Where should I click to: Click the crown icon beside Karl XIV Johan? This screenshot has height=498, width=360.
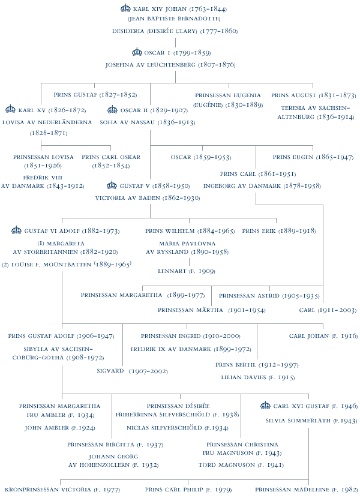[x=126, y=8]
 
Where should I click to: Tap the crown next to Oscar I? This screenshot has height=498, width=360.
[x=137, y=52]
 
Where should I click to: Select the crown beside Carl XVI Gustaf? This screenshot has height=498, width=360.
[x=265, y=405]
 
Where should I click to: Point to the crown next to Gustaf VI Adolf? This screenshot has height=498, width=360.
[x=17, y=230]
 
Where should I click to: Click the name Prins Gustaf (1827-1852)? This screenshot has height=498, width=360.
[x=95, y=95]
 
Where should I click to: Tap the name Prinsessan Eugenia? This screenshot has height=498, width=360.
[x=228, y=95]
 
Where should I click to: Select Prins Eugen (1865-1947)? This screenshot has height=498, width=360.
[x=313, y=157]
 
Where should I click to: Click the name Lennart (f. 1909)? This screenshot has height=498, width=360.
[x=187, y=271]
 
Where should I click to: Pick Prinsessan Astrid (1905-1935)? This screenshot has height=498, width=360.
[x=269, y=296]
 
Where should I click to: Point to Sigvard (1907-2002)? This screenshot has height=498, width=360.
[x=132, y=371]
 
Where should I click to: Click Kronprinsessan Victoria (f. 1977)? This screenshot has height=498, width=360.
[x=62, y=490]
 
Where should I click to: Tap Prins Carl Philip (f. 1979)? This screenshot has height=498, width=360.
[x=188, y=490]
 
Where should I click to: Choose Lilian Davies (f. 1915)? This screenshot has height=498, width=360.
[x=258, y=377]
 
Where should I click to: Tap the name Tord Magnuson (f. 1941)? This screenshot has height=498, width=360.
[x=241, y=465]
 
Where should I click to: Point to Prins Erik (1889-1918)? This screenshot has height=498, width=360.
[x=279, y=231]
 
